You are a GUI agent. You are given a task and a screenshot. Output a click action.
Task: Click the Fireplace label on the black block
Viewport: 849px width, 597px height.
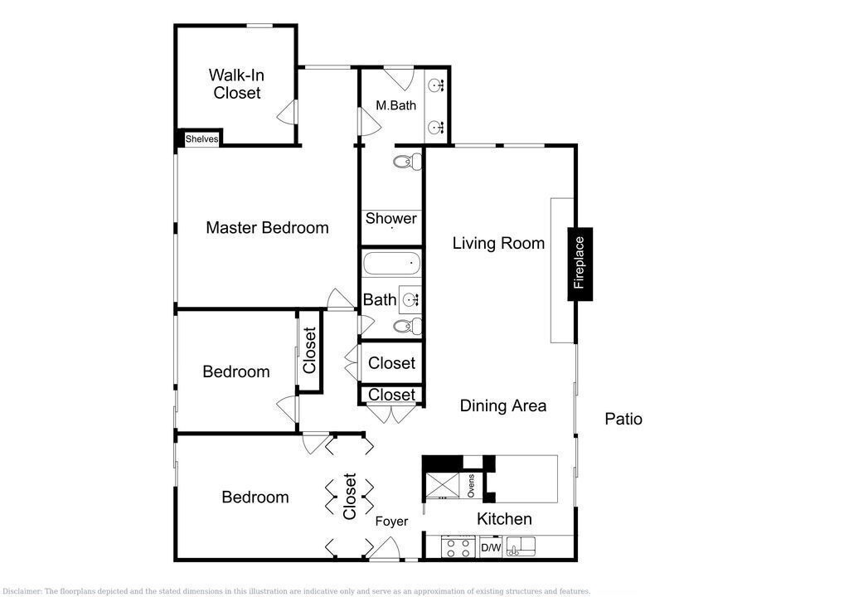click(x=580, y=263)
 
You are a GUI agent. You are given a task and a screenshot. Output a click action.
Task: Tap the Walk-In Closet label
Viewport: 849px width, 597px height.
click(x=236, y=84)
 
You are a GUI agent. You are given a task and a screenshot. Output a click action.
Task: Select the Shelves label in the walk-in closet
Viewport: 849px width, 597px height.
click(x=202, y=138)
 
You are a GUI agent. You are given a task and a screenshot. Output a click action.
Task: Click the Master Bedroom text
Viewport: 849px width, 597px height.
click(x=268, y=227)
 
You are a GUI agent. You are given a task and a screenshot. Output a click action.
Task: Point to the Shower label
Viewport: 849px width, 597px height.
click(x=391, y=218)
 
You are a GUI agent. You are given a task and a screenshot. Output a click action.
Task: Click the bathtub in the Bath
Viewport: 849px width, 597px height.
click(x=391, y=264)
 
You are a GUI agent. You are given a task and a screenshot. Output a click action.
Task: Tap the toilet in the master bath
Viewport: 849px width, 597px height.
click(x=407, y=162)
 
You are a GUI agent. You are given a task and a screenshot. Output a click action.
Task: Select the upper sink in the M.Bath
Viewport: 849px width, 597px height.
click(x=436, y=85)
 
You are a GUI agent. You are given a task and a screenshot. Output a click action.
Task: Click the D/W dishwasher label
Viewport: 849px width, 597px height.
click(x=491, y=548)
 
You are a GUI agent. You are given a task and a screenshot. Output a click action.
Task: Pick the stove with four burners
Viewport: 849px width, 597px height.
click(x=458, y=546)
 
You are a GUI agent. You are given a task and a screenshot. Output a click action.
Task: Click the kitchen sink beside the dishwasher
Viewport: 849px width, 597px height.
click(x=521, y=546)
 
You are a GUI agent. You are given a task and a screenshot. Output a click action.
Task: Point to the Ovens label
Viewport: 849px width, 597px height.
click(x=471, y=486)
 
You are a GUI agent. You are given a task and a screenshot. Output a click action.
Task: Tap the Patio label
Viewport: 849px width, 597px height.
click(x=623, y=419)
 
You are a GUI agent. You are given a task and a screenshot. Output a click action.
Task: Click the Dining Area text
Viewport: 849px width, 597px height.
click(x=503, y=405)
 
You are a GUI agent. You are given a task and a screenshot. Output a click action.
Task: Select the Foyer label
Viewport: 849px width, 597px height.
click(x=391, y=522)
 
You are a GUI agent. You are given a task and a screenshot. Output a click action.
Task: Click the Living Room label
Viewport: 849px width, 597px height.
click(x=498, y=243)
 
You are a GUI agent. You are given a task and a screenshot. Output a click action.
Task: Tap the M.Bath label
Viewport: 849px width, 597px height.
click(x=395, y=105)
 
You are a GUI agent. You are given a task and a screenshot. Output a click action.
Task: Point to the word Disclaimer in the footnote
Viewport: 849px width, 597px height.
click(x=22, y=591)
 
